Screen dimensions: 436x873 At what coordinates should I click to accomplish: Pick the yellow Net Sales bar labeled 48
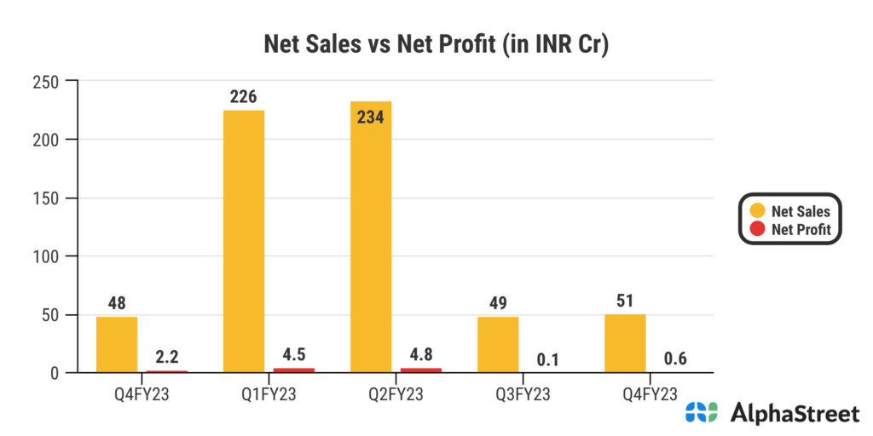[117, 344]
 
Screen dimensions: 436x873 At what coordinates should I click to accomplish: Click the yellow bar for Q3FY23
[498, 344]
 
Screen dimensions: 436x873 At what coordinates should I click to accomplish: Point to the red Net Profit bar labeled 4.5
[293, 370]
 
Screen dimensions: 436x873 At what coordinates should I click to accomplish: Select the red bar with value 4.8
[420, 370]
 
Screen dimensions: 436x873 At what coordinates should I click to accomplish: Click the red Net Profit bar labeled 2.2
[166, 371]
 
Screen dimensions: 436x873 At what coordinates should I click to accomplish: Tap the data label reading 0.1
[547, 359]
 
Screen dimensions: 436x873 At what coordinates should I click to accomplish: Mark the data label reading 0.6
[674, 359]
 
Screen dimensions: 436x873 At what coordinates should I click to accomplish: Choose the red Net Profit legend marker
[756, 229]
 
